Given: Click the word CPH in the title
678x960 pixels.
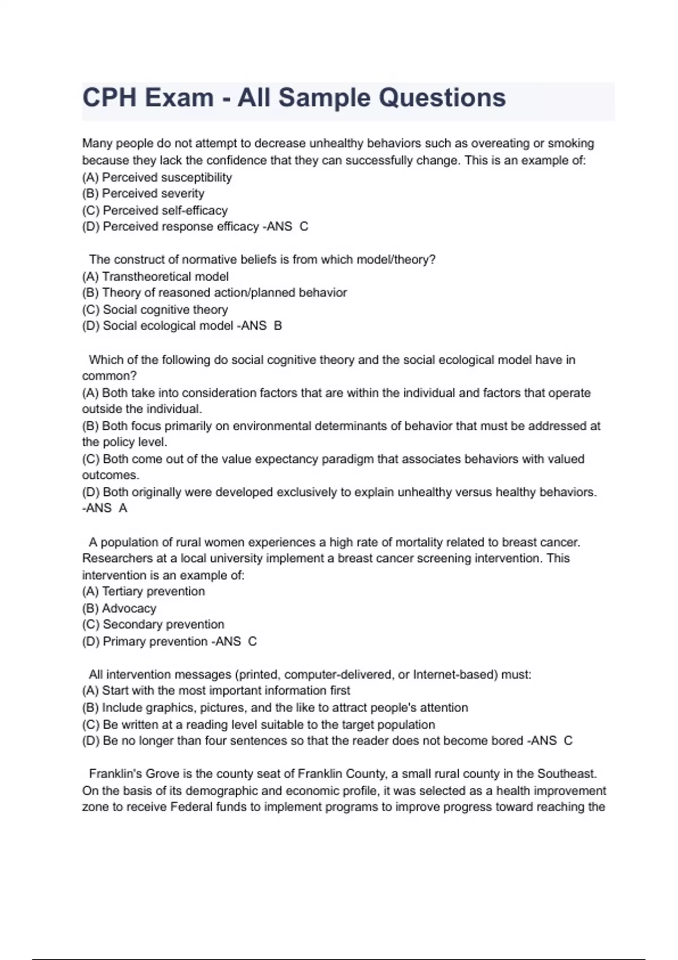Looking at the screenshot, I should [x=109, y=98].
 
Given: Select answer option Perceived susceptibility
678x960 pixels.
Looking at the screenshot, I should [x=157, y=177].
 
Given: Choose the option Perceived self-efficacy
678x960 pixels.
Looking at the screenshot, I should [x=155, y=211].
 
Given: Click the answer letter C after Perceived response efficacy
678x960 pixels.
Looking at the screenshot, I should [x=304, y=226].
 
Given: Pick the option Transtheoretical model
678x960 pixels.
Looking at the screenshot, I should [x=155, y=277].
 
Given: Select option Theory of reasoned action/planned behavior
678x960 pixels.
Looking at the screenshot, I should [x=215, y=293].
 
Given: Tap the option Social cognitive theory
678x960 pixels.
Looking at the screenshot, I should [x=155, y=309].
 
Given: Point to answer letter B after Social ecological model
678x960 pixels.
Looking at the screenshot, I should [x=277, y=326].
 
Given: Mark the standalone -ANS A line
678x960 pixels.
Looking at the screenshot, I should [x=105, y=508].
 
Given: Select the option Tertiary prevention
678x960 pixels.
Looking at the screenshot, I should [x=144, y=591].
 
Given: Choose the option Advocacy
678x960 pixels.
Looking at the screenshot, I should [x=119, y=608].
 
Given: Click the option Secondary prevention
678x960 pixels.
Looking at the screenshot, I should [x=153, y=625].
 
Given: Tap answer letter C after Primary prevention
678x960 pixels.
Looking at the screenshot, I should [x=253, y=642].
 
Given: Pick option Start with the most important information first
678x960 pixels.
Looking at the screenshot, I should [x=216, y=691].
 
